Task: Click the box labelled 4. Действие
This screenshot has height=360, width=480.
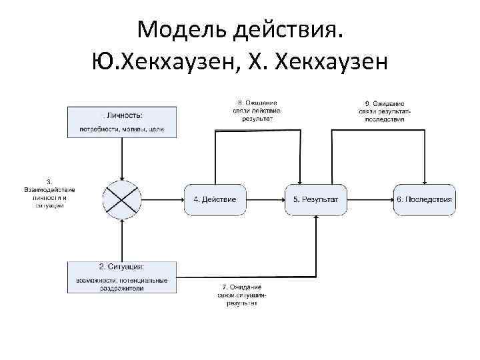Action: [x=215, y=199]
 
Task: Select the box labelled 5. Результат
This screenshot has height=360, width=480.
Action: [x=316, y=199]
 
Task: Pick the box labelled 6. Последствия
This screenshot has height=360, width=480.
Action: [x=424, y=199]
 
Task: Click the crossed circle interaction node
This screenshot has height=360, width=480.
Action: [x=122, y=199]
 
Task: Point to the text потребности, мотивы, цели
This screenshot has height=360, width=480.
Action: [x=122, y=129]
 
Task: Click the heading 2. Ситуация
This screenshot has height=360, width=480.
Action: [x=122, y=267]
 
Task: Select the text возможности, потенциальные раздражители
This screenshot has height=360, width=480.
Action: [x=122, y=285]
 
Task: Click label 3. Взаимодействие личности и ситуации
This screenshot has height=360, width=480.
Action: [x=49, y=193]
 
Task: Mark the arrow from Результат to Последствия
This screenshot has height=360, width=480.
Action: [x=369, y=199]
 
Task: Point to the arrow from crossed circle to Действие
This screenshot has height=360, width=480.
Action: [x=163, y=199]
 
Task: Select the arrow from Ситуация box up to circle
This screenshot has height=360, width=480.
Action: [x=122, y=240]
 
